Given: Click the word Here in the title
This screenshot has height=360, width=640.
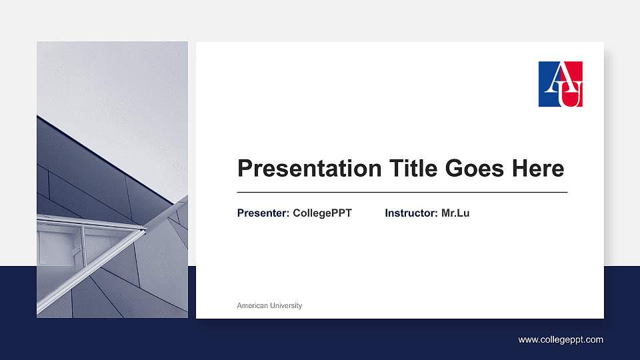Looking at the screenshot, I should (537, 169).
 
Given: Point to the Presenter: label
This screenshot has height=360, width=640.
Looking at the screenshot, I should (263, 213).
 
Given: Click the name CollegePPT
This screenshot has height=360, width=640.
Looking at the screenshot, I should (322, 213).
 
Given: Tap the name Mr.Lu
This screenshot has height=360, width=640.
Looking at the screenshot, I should (455, 213).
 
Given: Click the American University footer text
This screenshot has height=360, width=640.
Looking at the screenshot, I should (269, 305).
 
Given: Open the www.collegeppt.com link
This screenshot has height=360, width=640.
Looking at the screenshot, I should (561, 339).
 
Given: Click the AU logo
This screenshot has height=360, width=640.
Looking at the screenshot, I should (561, 84).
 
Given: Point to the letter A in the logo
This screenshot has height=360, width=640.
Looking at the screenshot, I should (554, 78).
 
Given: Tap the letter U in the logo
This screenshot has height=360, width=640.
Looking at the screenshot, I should (571, 94).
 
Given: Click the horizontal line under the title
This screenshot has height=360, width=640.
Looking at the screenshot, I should (402, 192).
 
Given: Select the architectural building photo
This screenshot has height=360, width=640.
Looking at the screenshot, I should (112, 179).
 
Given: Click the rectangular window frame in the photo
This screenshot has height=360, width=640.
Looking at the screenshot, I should (60, 247).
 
